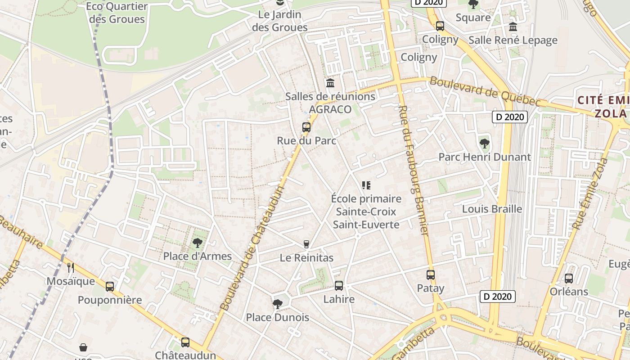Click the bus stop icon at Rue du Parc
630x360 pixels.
(x=306, y=127)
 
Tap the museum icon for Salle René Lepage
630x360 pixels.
(x=513, y=27)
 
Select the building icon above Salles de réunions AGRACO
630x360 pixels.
(x=330, y=83)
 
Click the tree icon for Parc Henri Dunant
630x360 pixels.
(x=485, y=144)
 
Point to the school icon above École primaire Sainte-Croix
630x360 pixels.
(x=366, y=185)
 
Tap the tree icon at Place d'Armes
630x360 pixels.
(x=197, y=243)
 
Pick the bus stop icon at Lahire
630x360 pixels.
(x=339, y=285)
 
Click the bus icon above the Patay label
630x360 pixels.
(x=431, y=274)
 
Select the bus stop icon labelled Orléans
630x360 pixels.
(x=569, y=278)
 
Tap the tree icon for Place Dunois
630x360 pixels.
(x=277, y=304)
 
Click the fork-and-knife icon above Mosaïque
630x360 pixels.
(x=71, y=268)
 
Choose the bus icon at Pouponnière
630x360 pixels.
(x=110, y=286)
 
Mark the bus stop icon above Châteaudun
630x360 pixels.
(x=185, y=342)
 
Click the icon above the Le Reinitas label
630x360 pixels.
(x=306, y=244)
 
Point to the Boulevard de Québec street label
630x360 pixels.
(x=484, y=91)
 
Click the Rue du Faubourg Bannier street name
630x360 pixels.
(x=413, y=170)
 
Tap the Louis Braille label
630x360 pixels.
(x=492, y=209)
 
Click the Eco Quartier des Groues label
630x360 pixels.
(x=117, y=13)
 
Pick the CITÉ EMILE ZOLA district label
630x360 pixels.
(x=603, y=106)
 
